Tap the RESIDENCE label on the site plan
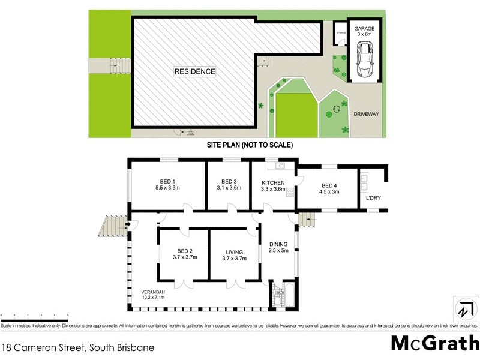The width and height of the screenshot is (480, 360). pos(194,71)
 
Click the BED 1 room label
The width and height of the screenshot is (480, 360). pos(167,185)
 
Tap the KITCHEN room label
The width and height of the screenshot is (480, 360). pos(273,185)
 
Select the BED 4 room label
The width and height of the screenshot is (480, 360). pos(331,189)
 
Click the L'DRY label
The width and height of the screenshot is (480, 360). pos(373,198)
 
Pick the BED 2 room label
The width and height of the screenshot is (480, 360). pos(185,254)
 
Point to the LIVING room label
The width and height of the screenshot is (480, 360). pos(233,254)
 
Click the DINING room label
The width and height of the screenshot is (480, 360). pos(279,247)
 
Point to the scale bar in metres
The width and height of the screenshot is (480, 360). pos(34,316)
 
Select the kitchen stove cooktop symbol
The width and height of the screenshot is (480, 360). pos(290,193)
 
